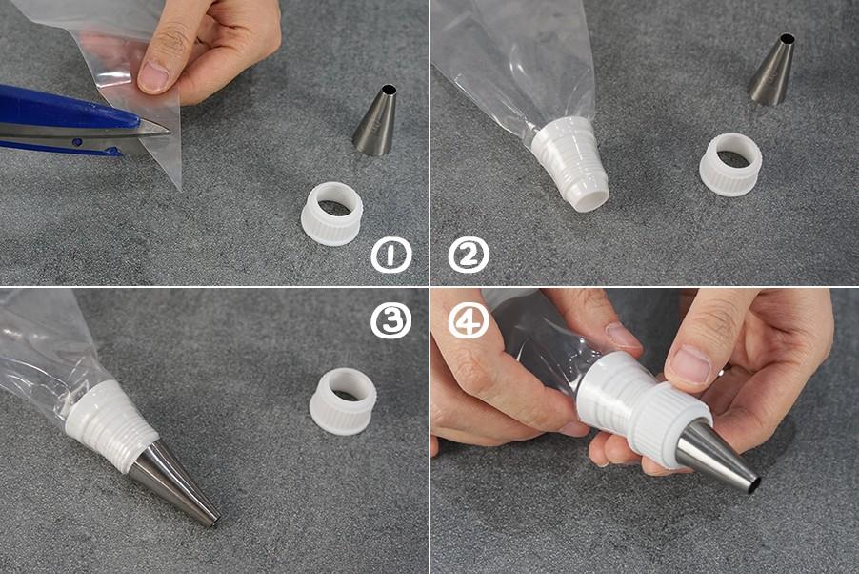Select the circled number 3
(390, 320)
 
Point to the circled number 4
(469, 320)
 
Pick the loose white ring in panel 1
(332, 214)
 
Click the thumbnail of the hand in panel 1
(153, 77)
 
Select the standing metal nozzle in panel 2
(772, 69)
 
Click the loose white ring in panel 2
(730, 164)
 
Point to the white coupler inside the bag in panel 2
(570, 163)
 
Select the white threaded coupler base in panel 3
(110, 425)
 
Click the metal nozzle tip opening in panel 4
(754, 484)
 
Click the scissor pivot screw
(78, 141)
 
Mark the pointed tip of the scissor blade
(170, 133)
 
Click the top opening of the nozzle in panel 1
(388, 90)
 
